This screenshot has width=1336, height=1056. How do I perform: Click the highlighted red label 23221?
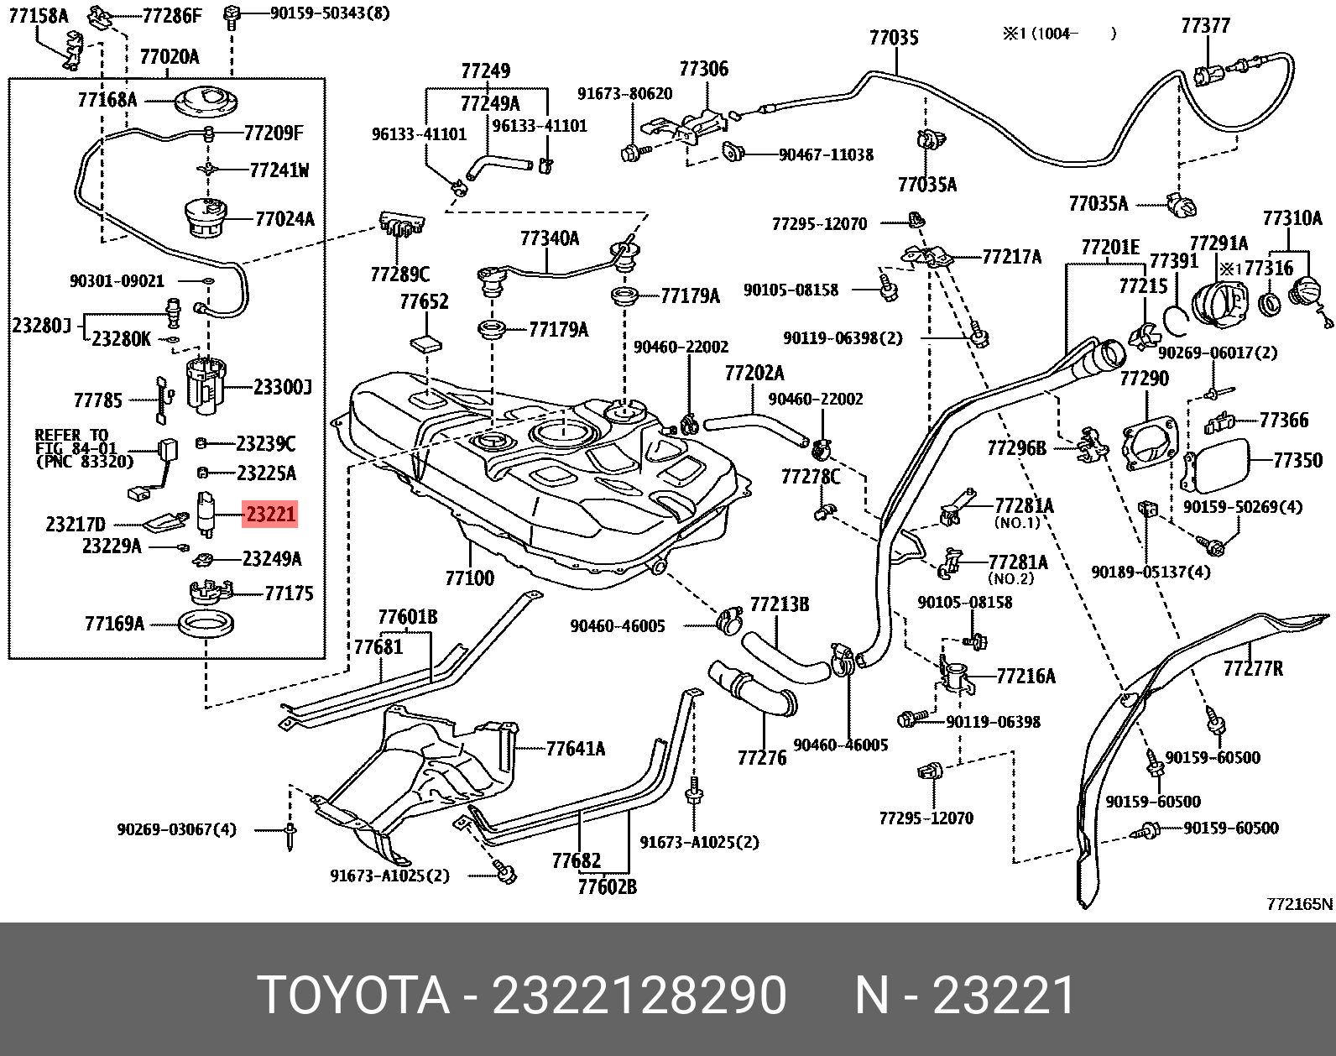tap(270, 514)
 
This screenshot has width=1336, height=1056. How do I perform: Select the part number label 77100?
tap(469, 578)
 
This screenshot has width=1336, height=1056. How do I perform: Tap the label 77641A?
tap(575, 749)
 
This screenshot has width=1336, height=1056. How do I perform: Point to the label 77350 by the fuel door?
tap(1297, 460)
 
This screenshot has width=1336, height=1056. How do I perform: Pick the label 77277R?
tap(1252, 669)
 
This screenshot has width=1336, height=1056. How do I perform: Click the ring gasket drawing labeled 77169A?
tap(206, 624)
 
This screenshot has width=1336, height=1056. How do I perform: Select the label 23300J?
tap(282, 387)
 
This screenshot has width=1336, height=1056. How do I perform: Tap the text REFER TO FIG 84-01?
tap(76, 442)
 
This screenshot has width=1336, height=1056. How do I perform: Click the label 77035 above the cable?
tap(894, 38)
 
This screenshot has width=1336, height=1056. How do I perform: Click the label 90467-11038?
tap(826, 155)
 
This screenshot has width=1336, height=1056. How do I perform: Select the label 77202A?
tap(754, 373)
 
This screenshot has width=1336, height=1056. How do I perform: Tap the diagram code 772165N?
tap(1298, 904)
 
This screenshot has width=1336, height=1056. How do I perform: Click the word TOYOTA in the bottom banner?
tap(353, 996)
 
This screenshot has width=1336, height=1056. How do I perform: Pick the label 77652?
tap(424, 302)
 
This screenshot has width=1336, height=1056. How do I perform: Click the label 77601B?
tap(407, 618)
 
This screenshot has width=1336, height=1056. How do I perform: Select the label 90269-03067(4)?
tap(176, 829)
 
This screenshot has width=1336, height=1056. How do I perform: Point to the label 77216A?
tap(1025, 677)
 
